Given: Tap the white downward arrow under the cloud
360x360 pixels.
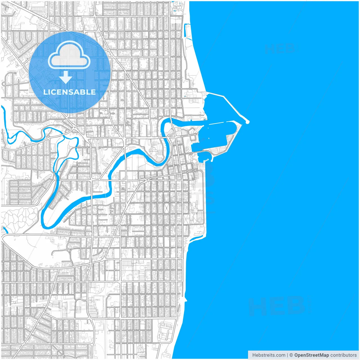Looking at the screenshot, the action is point(66,77).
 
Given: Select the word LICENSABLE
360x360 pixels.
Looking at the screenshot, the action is point(69,92).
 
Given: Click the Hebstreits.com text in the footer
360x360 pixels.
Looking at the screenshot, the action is point(269,355).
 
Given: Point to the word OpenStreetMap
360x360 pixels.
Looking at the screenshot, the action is point(311,355).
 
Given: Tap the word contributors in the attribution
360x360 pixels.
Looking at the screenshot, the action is point(343,355).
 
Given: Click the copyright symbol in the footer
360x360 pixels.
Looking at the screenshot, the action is point(291,355).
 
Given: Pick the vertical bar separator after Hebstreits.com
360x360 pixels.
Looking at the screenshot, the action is point(287,355).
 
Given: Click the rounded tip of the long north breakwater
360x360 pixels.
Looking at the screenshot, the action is point(247,122).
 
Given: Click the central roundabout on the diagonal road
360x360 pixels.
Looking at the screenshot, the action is point(147,179).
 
